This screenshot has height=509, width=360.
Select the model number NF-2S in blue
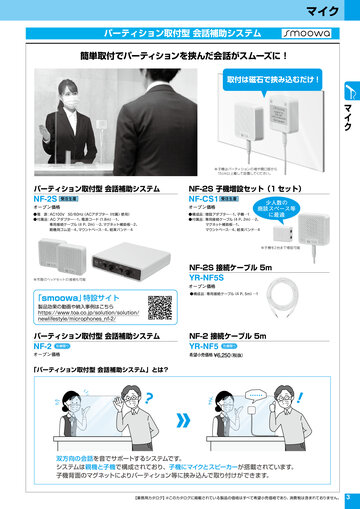click(x=46, y=199)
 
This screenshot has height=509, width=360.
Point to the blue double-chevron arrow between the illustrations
click(x=183, y=421)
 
